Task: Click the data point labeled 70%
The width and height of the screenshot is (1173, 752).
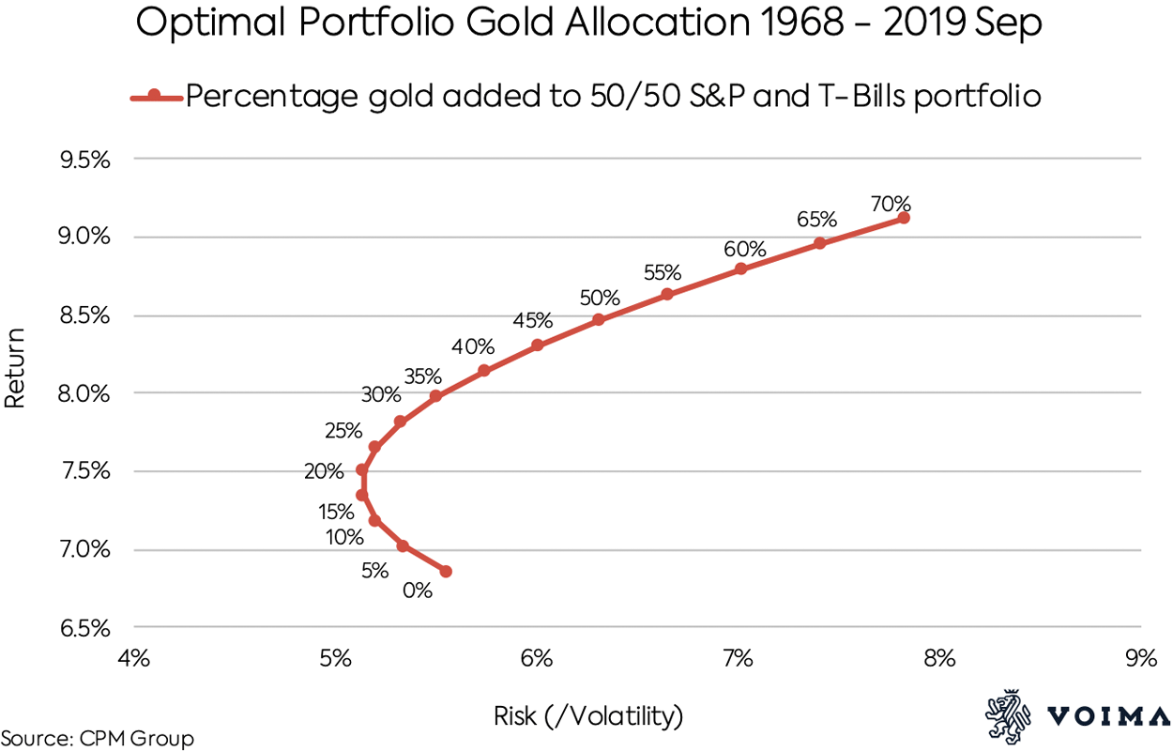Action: [904, 218]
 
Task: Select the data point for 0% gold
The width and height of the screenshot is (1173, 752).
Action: [446, 571]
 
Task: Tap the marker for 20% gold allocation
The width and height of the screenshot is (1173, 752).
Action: [362, 469]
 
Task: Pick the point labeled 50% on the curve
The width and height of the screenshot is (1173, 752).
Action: [599, 319]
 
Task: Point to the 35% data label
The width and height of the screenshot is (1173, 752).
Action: [422, 376]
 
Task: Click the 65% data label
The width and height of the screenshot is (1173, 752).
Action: [817, 220]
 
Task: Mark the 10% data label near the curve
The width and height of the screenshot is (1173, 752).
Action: [344, 538]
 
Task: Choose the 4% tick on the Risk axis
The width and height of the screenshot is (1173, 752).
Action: [133, 658]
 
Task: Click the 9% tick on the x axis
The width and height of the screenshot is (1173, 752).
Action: [1141, 658]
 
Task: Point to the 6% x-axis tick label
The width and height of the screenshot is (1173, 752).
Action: [537, 658]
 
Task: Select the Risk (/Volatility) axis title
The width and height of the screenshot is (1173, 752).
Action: [588, 717]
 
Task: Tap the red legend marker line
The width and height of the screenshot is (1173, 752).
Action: [155, 97]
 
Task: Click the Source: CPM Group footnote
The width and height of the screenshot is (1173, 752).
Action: [98, 739]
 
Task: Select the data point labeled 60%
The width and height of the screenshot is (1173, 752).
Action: [741, 269]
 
